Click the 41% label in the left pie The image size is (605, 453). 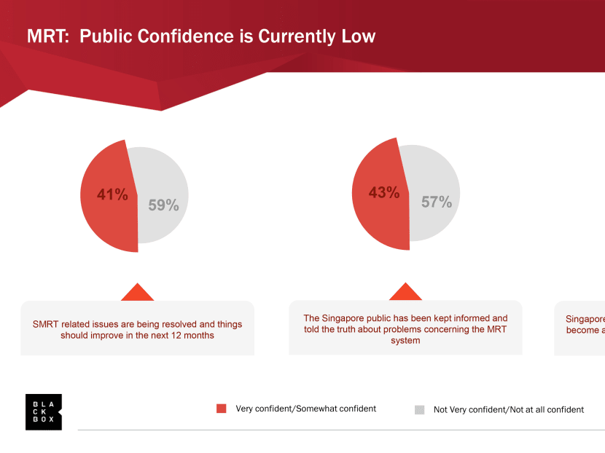click(x=112, y=194)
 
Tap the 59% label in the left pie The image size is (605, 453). click(x=163, y=205)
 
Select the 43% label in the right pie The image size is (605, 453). click(x=383, y=193)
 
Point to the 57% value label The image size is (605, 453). click(x=437, y=202)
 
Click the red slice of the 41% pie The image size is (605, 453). click(x=106, y=218)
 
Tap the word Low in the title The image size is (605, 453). click(x=358, y=36)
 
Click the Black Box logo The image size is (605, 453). click(x=44, y=411)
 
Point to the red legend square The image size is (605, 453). click(x=222, y=409)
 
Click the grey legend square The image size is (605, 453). click(x=419, y=409)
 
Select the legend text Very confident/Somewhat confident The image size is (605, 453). click(x=306, y=409)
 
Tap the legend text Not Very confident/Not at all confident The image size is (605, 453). click(x=509, y=409)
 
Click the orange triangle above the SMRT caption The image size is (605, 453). click(x=137, y=293)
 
